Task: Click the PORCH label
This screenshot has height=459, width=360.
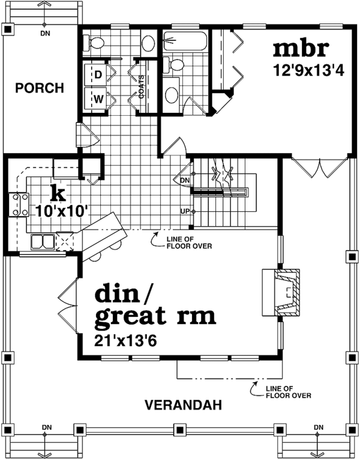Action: click(40, 89)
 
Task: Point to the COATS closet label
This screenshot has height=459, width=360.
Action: click(142, 86)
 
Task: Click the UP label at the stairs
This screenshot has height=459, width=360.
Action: click(186, 211)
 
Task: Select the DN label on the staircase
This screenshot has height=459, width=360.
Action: click(185, 179)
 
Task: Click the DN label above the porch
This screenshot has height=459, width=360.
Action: click(46, 33)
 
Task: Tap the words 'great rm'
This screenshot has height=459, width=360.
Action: click(155, 316)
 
